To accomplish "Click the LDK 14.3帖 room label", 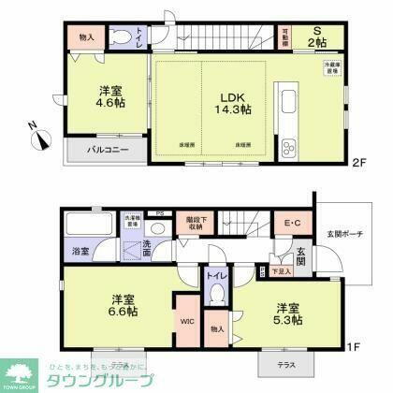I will tap(235, 102).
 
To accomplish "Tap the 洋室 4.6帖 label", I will tap(109, 97).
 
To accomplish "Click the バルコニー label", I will tap(109, 150).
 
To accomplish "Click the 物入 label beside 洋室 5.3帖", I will tap(217, 329).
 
